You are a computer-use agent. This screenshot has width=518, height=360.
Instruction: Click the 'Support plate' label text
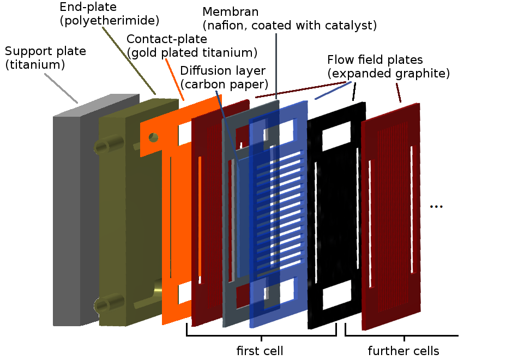[x=45, y=52]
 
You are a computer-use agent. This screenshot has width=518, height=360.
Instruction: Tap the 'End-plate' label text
[x=82, y=7]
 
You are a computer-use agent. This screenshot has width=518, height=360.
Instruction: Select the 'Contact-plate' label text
[x=167, y=39]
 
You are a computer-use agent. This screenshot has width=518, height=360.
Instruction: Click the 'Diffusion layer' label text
[x=222, y=71]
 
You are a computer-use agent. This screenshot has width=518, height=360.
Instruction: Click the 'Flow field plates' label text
[x=375, y=59]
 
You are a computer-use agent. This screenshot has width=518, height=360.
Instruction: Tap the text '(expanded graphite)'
[x=388, y=74]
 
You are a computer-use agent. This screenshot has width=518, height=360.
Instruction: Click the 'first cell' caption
[x=260, y=350]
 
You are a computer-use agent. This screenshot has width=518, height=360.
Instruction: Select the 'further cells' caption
[x=403, y=350]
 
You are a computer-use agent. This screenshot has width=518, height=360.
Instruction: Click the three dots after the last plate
[x=436, y=207]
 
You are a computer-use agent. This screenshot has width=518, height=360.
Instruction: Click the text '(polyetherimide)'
[x=109, y=21]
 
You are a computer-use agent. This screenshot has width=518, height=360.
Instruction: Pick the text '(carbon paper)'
[x=224, y=85]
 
